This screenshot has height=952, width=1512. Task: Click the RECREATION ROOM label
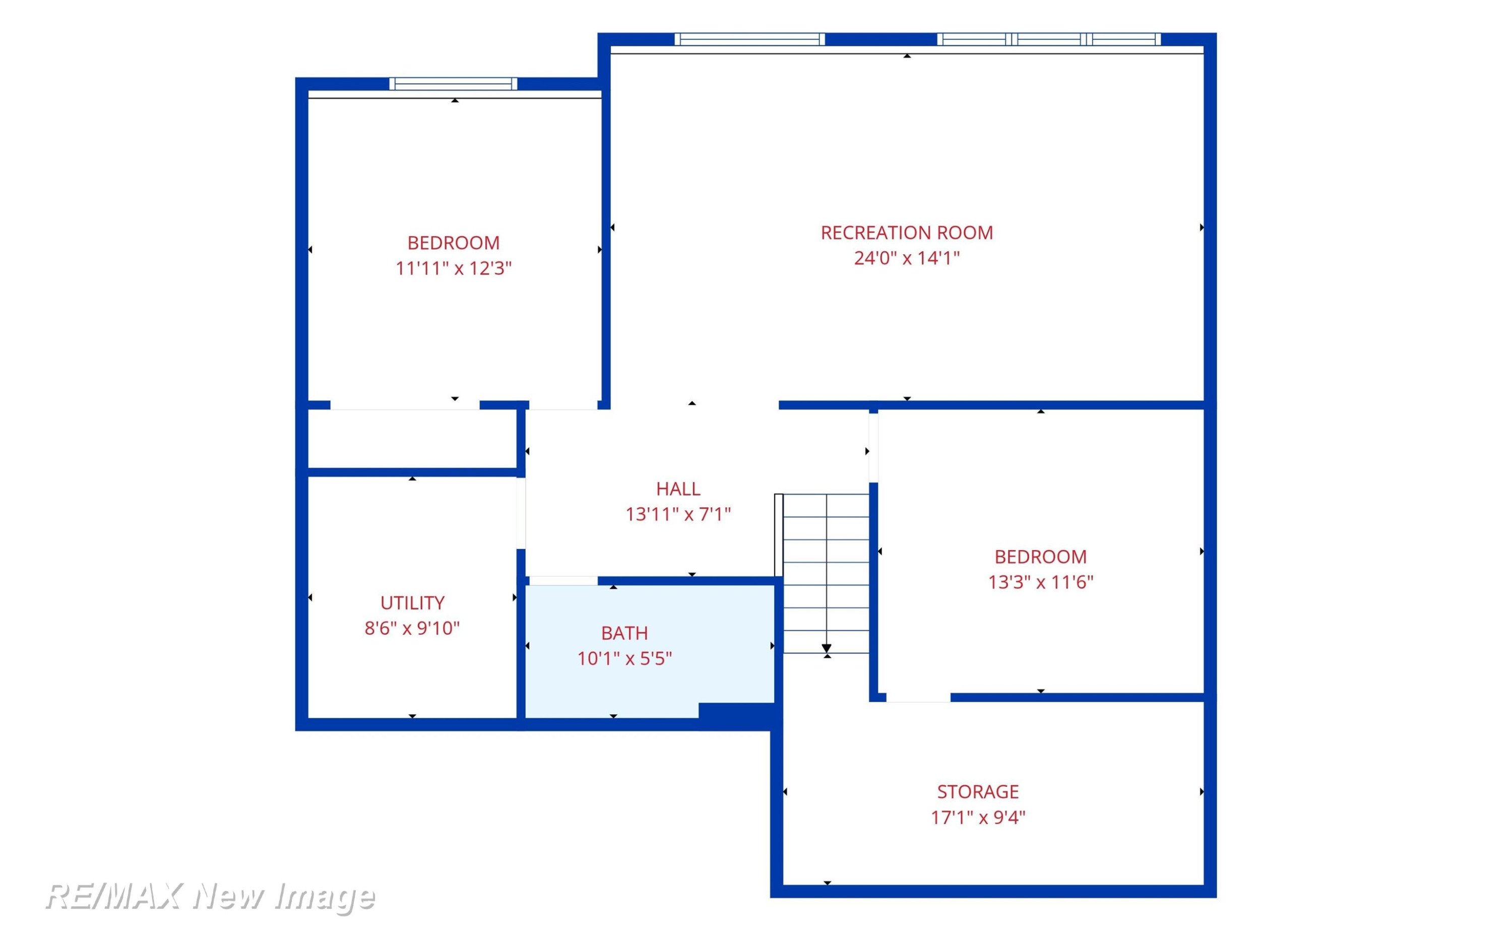[x=907, y=233]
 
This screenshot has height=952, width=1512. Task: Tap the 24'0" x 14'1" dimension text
[x=907, y=258]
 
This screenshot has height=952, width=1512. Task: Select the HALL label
[x=678, y=489]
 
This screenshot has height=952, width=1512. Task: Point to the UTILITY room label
[x=413, y=603]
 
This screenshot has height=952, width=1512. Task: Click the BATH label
[x=625, y=633]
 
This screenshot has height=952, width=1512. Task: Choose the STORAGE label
[x=978, y=792]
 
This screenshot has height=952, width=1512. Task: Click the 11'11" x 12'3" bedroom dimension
[x=454, y=268]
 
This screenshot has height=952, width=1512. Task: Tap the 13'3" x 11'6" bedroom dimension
[x=1040, y=582]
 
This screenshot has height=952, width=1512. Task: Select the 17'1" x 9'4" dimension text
[x=978, y=818]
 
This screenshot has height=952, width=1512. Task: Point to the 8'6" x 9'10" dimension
[x=413, y=628]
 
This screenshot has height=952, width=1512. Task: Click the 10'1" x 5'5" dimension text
[x=625, y=658]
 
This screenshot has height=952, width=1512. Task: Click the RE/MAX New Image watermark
[x=210, y=896]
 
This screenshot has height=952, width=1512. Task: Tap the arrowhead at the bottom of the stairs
[x=827, y=648]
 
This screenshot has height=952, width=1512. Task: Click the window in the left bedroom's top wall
[x=454, y=84]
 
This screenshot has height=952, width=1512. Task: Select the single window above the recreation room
[x=750, y=39]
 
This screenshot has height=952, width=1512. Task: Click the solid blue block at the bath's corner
[x=738, y=716]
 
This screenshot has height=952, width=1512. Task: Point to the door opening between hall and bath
[x=563, y=580]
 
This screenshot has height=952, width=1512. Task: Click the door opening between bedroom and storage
[x=918, y=697]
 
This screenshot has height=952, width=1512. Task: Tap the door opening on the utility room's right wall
[x=521, y=513]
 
